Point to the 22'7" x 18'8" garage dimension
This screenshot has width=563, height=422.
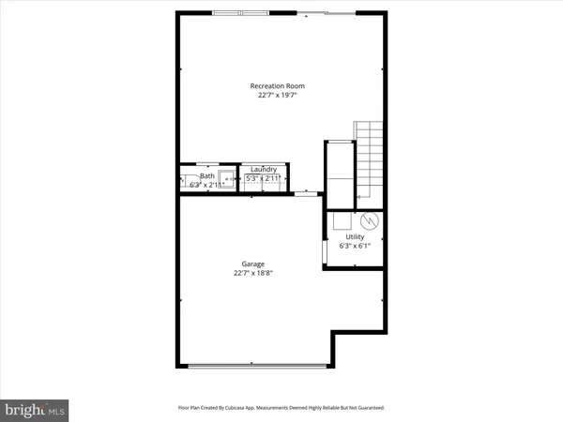click(x=253, y=274)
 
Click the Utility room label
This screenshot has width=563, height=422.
click(x=355, y=237)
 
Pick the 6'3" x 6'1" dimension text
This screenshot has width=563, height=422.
click(x=355, y=247)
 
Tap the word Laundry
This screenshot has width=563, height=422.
click(x=264, y=169)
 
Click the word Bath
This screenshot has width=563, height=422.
click(x=206, y=175)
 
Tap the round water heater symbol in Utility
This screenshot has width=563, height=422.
click(x=369, y=221)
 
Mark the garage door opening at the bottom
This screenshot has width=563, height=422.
click(x=253, y=364)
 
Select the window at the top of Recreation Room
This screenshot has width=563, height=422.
click(x=238, y=13)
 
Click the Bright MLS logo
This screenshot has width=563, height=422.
click(x=35, y=409)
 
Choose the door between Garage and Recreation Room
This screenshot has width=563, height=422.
click(x=306, y=194)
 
